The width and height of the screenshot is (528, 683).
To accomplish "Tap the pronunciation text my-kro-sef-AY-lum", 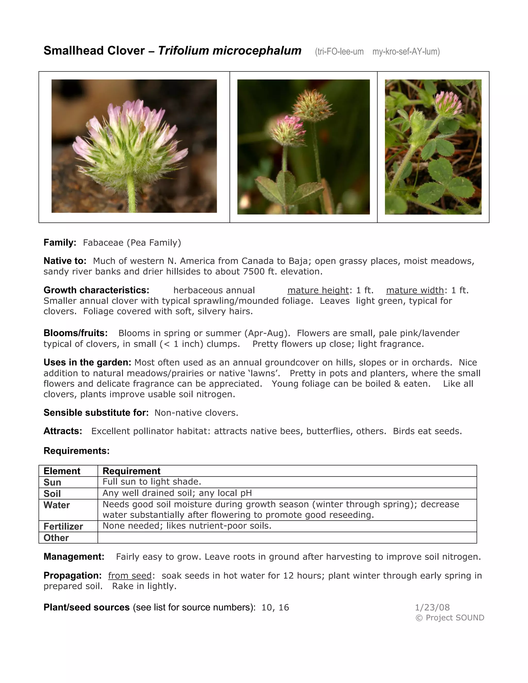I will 406,52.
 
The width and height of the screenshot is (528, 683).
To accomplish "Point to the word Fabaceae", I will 103,243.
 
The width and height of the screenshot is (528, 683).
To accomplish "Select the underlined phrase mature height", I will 318,290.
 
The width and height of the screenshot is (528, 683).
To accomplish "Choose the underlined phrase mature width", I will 415,290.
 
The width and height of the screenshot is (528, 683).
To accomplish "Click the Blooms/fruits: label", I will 75,333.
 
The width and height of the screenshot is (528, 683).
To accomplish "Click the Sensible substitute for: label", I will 96,413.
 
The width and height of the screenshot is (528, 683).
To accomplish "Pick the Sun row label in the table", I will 52,482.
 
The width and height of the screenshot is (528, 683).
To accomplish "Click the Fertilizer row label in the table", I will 63,526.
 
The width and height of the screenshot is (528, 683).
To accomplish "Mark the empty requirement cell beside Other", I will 287,538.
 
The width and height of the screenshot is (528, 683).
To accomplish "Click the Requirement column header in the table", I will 131,471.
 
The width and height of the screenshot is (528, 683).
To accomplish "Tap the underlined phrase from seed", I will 130,576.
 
